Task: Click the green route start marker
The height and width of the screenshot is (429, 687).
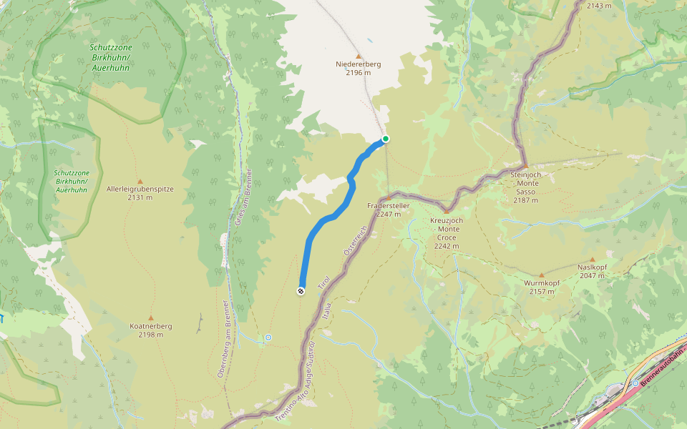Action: pos(385,139)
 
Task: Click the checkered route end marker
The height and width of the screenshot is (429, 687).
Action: pos(301,290)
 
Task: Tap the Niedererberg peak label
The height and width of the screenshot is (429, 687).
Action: pos(358,64)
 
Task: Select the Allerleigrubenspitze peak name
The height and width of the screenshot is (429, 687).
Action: pos(140,189)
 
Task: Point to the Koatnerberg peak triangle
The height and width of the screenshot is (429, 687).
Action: pos(150,317)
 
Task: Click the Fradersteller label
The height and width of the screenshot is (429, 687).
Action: pos(388,206)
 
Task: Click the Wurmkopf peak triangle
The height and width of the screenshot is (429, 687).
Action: pos(542,275)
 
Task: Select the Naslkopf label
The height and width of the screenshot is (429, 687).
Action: pos(592,267)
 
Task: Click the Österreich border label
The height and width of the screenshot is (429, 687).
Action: pos(355,241)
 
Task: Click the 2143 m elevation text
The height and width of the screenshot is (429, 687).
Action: pos(599,6)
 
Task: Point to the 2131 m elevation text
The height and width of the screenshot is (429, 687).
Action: pos(140,198)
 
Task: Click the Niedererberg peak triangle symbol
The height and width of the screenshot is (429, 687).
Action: pos(359,55)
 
